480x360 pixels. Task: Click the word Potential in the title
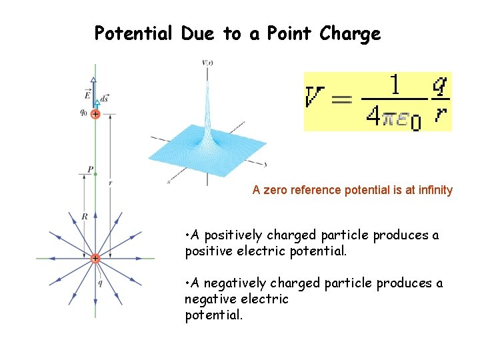coord(133,33)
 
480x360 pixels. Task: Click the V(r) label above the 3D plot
coord(207,63)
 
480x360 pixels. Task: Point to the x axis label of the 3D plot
coord(169,181)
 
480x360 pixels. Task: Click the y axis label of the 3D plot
coord(265,163)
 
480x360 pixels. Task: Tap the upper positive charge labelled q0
coord(95,114)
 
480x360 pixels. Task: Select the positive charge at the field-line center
coord(95,258)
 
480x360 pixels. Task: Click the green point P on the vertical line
coord(95,173)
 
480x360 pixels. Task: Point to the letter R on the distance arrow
coord(85,216)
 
